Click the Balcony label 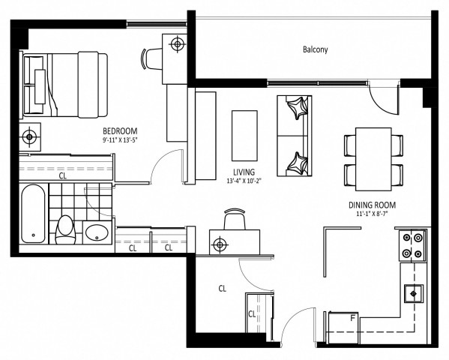coord(316,50)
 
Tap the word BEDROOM coord(119,130)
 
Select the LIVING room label coord(244,172)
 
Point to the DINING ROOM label coord(372,204)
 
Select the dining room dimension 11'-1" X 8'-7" coord(372,214)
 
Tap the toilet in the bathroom coord(65,228)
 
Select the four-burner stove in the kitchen coord(411,244)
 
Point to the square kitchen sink coord(412,292)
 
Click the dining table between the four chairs coord(373,158)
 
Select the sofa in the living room coord(294,136)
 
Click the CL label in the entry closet coord(223,288)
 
